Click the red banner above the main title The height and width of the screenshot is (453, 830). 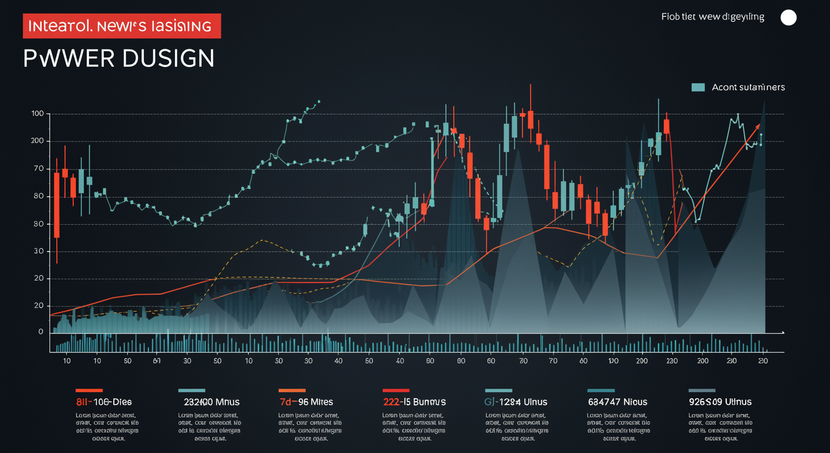coord(122,26)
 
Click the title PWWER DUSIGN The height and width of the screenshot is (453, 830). coord(118,58)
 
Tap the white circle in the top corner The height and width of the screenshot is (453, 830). coord(788,18)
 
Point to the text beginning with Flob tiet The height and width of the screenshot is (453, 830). coord(713,17)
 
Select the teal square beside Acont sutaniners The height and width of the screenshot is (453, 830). coord(698,87)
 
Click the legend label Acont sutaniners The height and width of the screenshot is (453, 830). coord(748,87)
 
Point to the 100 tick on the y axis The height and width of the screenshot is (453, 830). coord(37,113)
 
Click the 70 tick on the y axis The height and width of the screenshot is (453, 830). coord(38,169)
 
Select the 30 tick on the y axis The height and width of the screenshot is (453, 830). coord(38,251)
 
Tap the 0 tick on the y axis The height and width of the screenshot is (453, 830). coord(41,332)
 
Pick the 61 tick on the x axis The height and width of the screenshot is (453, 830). coord(157,360)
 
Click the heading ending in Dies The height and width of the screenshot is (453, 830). coord(104,402)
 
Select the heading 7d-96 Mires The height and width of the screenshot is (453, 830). coord(306,402)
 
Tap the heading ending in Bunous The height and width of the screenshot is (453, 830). coord(414,402)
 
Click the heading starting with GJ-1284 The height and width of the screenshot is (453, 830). coord(516,402)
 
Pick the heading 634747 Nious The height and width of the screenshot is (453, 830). coord(617,402)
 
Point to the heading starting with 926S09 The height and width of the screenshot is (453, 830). coord(720,402)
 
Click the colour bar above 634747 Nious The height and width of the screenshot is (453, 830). coord(601,390)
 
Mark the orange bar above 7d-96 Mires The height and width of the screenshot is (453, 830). coord(292,390)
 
